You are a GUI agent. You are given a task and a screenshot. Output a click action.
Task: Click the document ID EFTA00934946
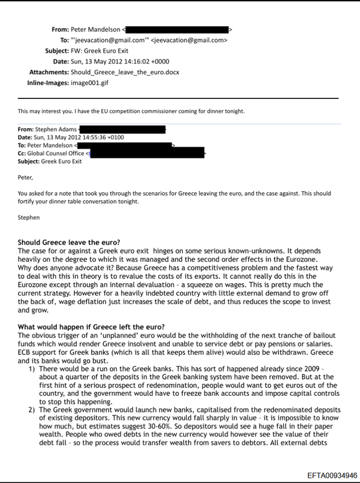pos(332,475)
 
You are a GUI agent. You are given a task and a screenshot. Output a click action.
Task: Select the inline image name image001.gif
pos(89,83)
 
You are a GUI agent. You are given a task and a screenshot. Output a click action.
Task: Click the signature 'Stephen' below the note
pos(29,217)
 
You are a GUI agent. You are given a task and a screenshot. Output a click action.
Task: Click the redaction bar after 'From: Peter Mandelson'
pos(178,29)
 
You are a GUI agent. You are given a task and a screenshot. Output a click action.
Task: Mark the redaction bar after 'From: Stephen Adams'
pos(123,129)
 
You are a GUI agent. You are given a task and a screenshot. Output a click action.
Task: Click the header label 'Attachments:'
pos(49,73)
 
